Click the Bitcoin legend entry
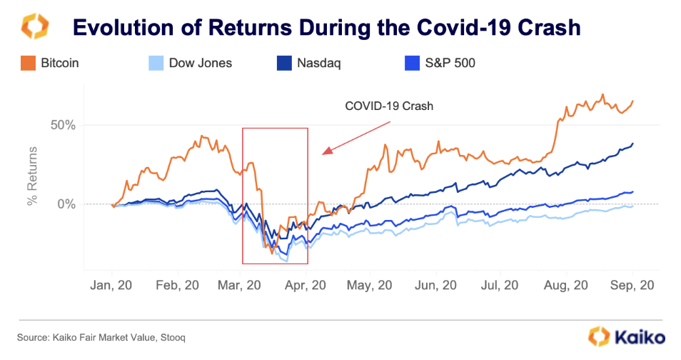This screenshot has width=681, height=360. (x=51, y=63)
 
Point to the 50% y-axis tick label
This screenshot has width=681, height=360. (x=61, y=125)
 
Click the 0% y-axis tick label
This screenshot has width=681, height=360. (x=66, y=204)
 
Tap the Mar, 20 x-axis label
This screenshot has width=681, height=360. (x=240, y=284)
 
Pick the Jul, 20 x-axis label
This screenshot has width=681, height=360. (x=500, y=284)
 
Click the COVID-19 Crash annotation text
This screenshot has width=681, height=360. (x=389, y=106)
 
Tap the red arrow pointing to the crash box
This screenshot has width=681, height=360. (x=357, y=136)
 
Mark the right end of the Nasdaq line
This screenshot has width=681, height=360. (x=633, y=144)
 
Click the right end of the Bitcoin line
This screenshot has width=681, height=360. (x=633, y=101)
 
